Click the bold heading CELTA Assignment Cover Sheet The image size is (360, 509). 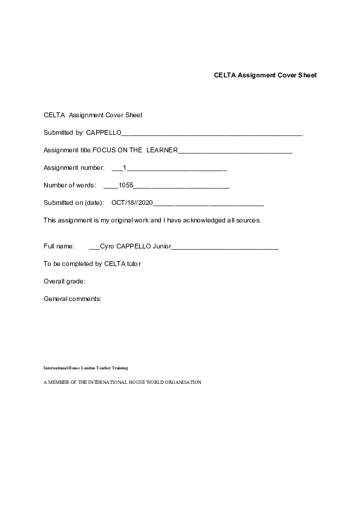265,76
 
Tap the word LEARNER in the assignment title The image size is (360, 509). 162,150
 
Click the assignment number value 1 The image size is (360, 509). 125,167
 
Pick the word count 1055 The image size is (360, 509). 126,185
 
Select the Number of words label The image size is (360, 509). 70,185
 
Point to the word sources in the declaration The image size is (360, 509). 247,220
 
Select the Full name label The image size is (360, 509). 59,247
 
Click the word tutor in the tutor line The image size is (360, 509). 134,264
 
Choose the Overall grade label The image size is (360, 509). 64,281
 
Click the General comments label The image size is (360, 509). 73,299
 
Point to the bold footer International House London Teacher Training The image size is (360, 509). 85,368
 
